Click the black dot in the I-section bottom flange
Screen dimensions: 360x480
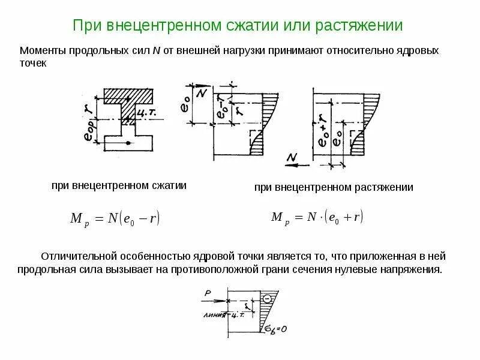click(x=127, y=142)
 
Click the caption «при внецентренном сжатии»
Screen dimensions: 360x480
click(x=119, y=186)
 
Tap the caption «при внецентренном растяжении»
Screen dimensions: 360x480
click(x=334, y=188)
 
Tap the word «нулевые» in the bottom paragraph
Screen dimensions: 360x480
click(x=347, y=269)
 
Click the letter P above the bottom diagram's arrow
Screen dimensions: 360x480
click(x=206, y=293)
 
